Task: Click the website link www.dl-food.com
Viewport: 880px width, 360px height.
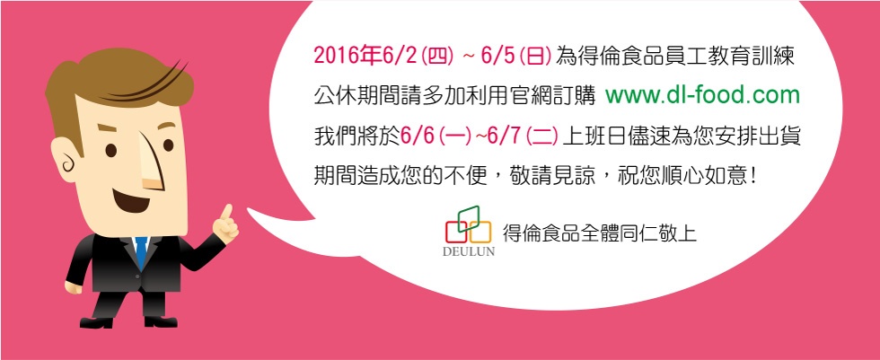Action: tap(702, 96)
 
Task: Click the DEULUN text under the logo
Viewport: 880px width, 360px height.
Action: tap(469, 251)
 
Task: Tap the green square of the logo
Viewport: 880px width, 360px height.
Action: tap(468, 219)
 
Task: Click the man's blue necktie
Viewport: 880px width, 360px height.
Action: tap(141, 250)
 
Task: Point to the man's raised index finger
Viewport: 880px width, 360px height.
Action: tap(226, 214)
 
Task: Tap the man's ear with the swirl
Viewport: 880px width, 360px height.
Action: tap(65, 159)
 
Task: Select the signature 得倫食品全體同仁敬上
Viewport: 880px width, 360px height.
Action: tap(599, 233)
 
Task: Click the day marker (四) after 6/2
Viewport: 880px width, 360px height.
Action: tap(437, 56)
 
